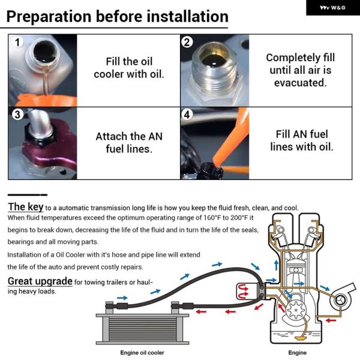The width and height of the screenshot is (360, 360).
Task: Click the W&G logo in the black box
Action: pyautogui.click(x=332, y=8)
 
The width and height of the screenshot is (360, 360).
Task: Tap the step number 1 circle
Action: pyautogui.click(x=17, y=42)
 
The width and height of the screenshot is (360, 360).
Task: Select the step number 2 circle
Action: pyautogui.click(x=187, y=42)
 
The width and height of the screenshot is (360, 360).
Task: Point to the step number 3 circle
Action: pyautogui.click(x=17, y=115)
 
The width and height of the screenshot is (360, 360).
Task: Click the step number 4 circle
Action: pyautogui.click(x=187, y=115)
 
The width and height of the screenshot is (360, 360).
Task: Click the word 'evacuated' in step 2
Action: pyautogui.click(x=300, y=83)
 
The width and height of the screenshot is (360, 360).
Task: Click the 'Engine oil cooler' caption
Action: pyautogui.click(x=142, y=352)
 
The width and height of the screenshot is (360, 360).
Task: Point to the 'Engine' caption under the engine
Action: pyautogui.click(x=298, y=353)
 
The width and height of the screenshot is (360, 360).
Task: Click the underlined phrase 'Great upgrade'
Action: pyautogui.click(x=40, y=281)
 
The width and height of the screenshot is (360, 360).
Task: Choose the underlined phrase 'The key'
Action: pyautogui.click(x=25, y=207)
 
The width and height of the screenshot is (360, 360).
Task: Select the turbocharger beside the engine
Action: pyautogui.click(x=341, y=298)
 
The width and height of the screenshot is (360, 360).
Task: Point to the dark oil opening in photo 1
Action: pyautogui.click(x=44, y=52)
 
